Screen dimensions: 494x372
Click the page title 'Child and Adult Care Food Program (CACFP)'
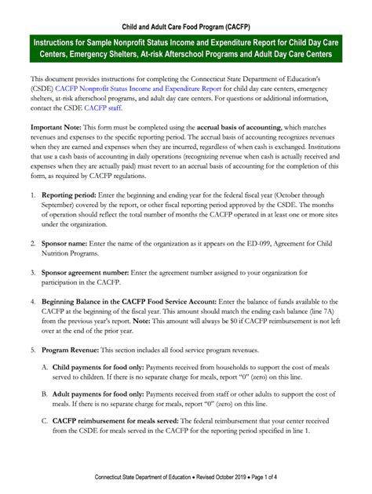tap(186, 17)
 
